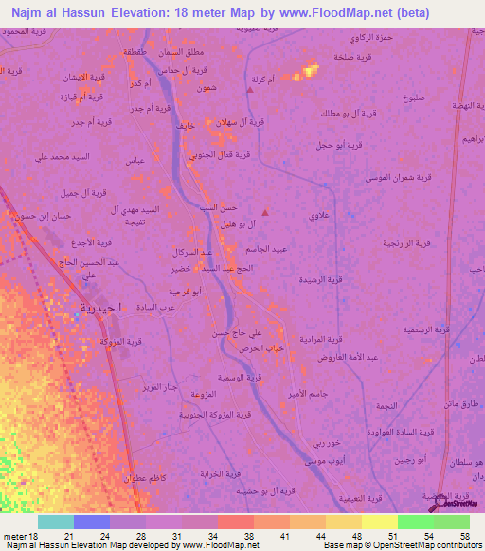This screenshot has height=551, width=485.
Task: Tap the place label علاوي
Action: (x=318, y=217)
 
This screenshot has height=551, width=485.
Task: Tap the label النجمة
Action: (x=386, y=403)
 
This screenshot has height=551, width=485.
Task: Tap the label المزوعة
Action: (x=203, y=394)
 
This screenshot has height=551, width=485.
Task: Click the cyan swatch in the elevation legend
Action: (x=55, y=522)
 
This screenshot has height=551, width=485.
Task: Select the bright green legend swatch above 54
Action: (x=415, y=522)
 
